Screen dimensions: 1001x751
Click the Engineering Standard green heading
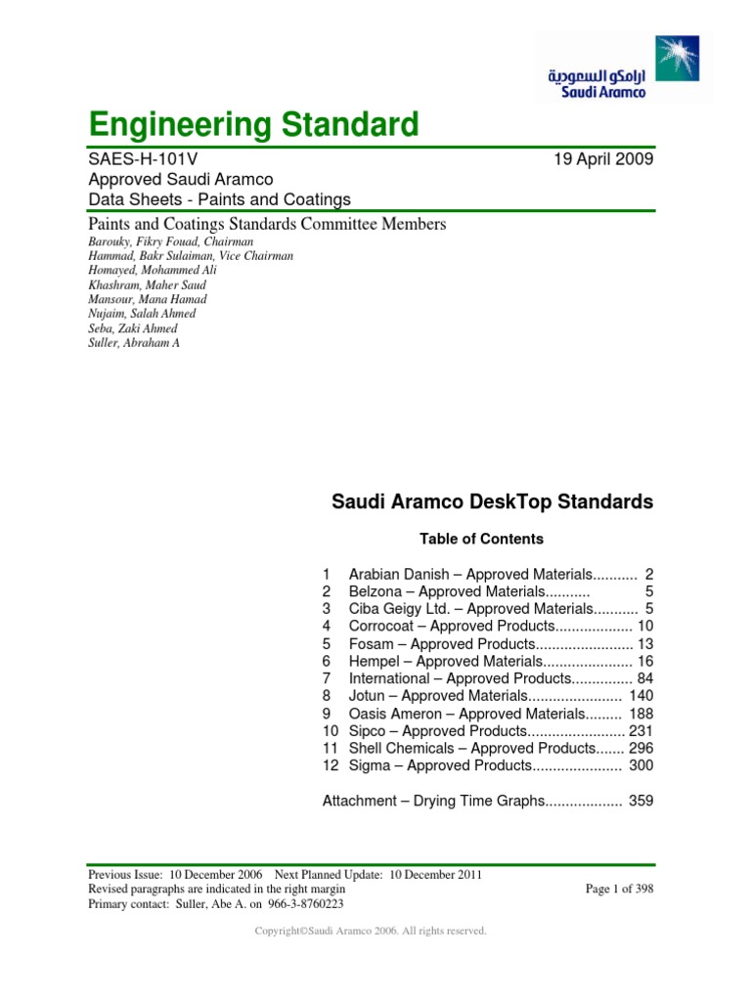tap(253, 125)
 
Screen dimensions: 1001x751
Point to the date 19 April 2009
tap(603, 158)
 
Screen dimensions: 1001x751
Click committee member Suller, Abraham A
tap(134, 343)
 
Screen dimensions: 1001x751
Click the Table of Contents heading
tap(481, 539)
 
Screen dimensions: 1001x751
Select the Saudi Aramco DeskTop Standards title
tap(492, 502)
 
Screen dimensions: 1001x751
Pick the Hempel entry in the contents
tap(444, 661)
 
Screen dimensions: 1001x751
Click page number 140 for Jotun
tap(641, 696)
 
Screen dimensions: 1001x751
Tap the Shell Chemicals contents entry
tap(460, 748)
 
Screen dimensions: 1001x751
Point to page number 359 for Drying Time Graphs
tap(641, 801)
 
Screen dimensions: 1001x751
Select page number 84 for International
tap(645, 678)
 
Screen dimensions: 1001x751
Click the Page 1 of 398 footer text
tap(619, 890)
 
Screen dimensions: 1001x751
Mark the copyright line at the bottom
tap(370, 932)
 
